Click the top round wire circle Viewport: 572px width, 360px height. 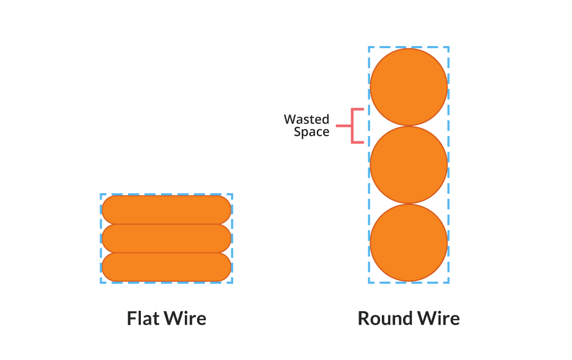(409, 87)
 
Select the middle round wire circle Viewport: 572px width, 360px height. (409, 165)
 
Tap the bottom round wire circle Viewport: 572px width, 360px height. (409, 242)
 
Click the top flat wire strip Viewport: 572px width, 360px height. (166, 210)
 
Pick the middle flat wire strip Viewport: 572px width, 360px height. (166, 238)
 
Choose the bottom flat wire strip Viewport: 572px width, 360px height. (166, 267)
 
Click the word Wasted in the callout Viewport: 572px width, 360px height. (306, 119)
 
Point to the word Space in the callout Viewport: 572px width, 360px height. (311, 132)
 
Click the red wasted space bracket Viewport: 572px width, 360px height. (353, 126)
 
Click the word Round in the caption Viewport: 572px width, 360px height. (385, 319)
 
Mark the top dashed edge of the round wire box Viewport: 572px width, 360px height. (409, 47)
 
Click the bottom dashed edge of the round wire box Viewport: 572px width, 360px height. (409, 282)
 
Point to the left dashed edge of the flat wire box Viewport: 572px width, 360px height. (101, 238)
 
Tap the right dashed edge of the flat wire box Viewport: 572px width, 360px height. (232, 238)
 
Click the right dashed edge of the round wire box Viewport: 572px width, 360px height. (449, 165)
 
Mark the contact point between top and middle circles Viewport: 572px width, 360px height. (409, 126)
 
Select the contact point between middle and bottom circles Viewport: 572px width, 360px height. (409, 204)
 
